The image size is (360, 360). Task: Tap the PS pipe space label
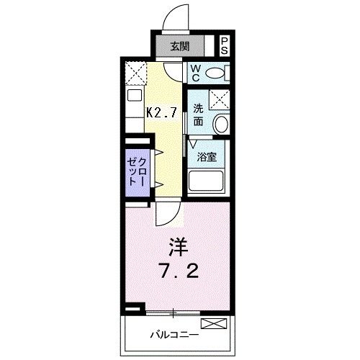[x=225, y=47]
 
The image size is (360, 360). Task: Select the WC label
[x=195, y=73]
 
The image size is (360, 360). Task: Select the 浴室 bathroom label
[x=208, y=156]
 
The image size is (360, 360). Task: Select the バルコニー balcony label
[x=174, y=335]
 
